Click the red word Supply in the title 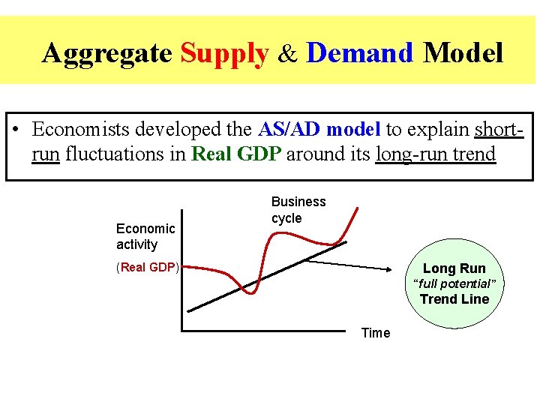pyautogui.click(x=224, y=53)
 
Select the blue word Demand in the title pyautogui.click(x=360, y=53)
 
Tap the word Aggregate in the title pyautogui.click(x=108, y=53)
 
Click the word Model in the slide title pyautogui.click(x=463, y=53)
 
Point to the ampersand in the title pyautogui.click(x=288, y=54)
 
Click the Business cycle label pyautogui.click(x=298, y=210)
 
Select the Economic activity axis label pyautogui.click(x=145, y=236)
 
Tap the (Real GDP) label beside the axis pyautogui.click(x=148, y=268)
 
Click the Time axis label pyautogui.click(x=376, y=333)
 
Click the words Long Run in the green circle pyautogui.click(x=454, y=268)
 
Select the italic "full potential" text pyautogui.click(x=454, y=283)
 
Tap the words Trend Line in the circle pyautogui.click(x=454, y=299)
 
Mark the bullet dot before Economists pyautogui.click(x=18, y=130)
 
